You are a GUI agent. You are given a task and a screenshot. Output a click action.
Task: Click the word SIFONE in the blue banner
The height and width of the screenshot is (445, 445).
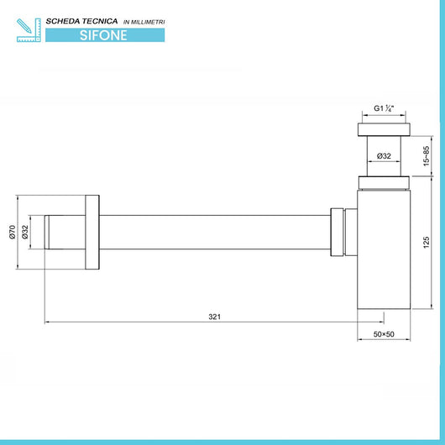(103, 35)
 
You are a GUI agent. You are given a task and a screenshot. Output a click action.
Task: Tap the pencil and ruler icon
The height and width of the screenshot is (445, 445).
(29, 30)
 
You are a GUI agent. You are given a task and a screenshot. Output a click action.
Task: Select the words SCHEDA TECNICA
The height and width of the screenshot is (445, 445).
(81, 21)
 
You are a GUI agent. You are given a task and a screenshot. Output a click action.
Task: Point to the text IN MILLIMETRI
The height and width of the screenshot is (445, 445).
(144, 22)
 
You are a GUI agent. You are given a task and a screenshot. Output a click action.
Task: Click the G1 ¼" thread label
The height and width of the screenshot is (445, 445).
(384, 108)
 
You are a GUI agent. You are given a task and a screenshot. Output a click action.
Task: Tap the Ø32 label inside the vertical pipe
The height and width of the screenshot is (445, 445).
(384, 156)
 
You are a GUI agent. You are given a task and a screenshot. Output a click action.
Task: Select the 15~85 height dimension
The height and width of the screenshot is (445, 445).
(426, 156)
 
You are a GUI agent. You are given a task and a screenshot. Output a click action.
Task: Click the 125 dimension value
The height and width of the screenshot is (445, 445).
(426, 243)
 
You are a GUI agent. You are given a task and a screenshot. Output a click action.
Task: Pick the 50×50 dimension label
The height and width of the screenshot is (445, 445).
(384, 334)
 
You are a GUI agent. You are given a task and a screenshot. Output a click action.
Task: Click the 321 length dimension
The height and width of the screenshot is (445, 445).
(215, 317)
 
